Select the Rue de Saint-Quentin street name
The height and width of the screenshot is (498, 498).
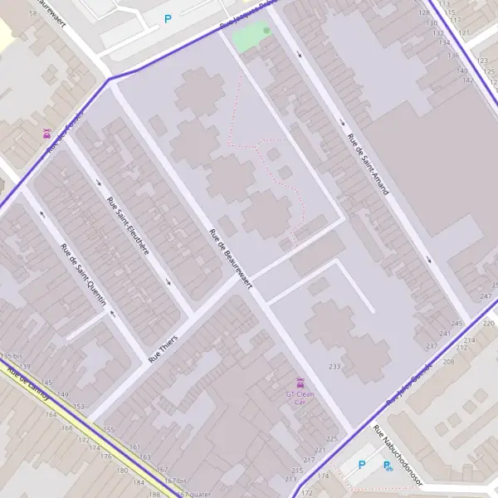tap(84, 274)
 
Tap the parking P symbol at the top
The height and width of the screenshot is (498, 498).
tap(168, 18)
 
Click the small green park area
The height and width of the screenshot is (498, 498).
tap(251, 37)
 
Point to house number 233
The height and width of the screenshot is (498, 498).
tap(334, 367)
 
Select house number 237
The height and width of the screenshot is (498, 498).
tap(431, 345)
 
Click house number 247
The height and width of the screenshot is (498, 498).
tap(486, 296)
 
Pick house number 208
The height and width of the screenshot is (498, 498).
tap(449, 362)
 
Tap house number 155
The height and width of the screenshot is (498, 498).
tap(109, 430)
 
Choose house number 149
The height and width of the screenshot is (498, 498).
tap(63, 394)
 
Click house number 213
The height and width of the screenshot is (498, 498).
tap(290, 479)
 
